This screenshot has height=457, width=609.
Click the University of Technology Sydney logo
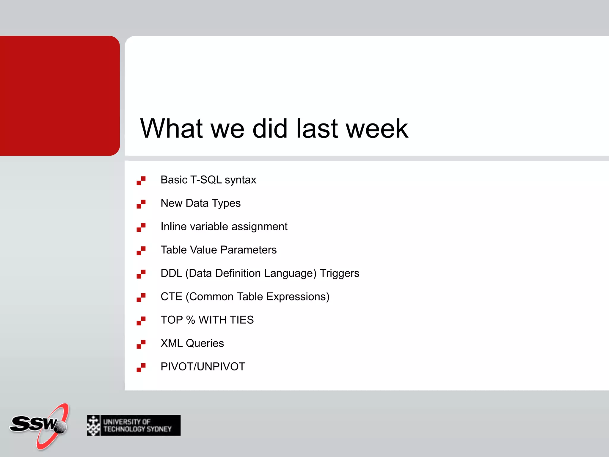pyautogui.click(x=134, y=425)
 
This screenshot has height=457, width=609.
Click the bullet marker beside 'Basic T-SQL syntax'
pyautogui.click(x=141, y=181)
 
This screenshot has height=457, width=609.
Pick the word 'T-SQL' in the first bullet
pyautogui.click(x=206, y=180)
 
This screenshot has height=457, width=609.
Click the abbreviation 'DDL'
pyautogui.click(x=171, y=273)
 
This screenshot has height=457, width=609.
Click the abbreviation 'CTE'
pyautogui.click(x=171, y=297)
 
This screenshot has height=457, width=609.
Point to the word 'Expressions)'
pyautogui.click(x=298, y=297)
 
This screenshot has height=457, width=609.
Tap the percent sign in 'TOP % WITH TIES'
pyautogui.click(x=191, y=320)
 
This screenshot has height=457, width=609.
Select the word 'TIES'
pyautogui.click(x=241, y=320)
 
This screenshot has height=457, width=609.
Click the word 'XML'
pyautogui.click(x=172, y=343)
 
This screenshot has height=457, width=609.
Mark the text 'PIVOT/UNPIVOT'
pyautogui.click(x=203, y=367)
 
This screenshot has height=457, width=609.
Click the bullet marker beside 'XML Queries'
pyautogui.click(x=141, y=344)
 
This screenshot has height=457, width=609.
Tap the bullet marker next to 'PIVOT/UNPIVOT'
pyautogui.click(x=141, y=367)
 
